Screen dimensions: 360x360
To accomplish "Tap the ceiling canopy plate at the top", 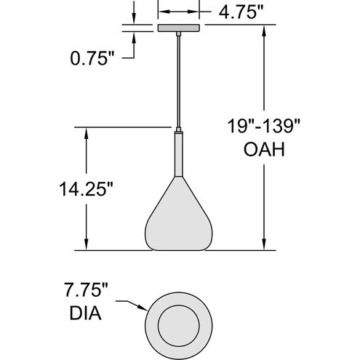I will pos(177,28).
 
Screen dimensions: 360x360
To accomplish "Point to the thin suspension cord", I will pos(177,80).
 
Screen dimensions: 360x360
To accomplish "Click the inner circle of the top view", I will pos(177,321).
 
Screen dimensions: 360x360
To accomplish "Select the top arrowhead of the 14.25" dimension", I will pos(87,132).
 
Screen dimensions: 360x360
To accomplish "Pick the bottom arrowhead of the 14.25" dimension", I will pos(87,246).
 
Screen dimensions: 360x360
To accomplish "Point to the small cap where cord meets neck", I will pos(177,130).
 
